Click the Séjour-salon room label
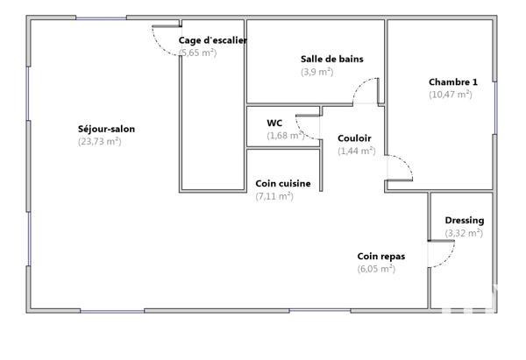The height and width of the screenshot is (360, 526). pos(106,129)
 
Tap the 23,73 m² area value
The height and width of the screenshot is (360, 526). pos(100,141)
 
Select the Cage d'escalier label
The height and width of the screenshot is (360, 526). pos(212,40)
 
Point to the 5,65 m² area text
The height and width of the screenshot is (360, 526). pos(197,53)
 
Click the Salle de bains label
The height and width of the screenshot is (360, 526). pos(331,60)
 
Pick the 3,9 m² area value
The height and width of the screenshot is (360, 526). pos(316,72)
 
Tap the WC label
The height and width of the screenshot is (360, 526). pos(274,124)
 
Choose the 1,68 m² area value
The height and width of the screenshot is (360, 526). pos(286,136)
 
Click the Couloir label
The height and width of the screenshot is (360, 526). pos(354,138)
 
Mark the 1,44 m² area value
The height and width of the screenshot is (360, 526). pos(357,151)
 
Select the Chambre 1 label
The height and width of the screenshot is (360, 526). pos(453,81)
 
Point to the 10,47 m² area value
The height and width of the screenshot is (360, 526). pos(451,94)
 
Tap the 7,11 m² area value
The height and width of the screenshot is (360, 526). pos(274,196)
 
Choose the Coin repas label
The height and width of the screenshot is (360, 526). pos(380,257)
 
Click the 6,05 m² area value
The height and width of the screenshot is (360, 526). pos(376,269)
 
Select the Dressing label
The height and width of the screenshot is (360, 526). pos(464,221)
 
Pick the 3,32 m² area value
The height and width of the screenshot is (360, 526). pos(464,233)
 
